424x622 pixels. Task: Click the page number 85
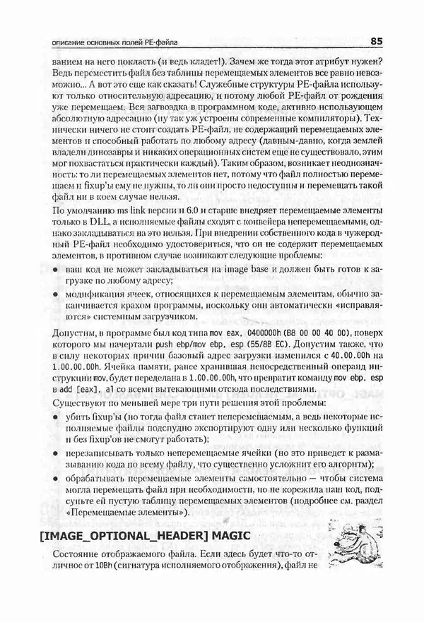pyautogui.click(x=375, y=41)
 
